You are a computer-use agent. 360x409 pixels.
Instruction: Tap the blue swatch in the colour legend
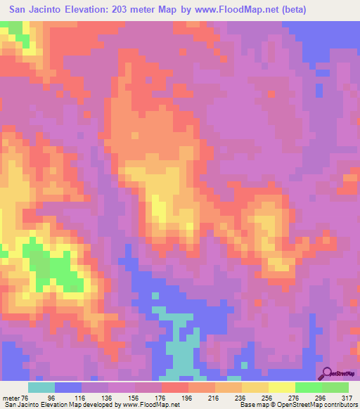(x=68, y=387)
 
